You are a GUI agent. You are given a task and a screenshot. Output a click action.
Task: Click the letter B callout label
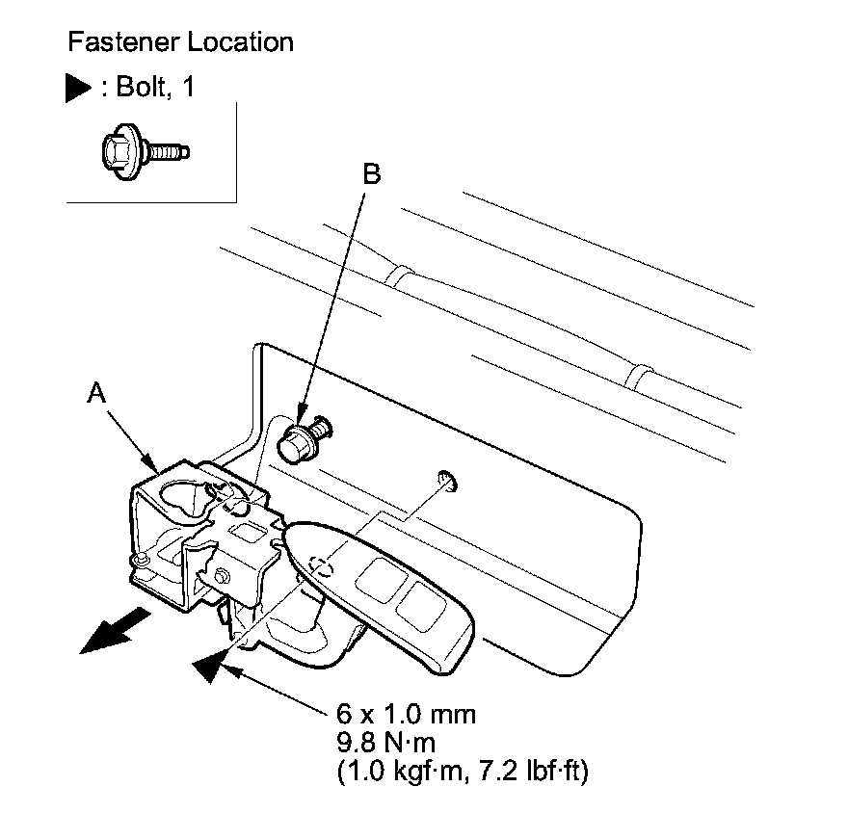pyautogui.click(x=371, y=174)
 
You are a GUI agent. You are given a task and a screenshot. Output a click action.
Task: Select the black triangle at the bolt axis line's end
pyautogui.click(x=214, y=666)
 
